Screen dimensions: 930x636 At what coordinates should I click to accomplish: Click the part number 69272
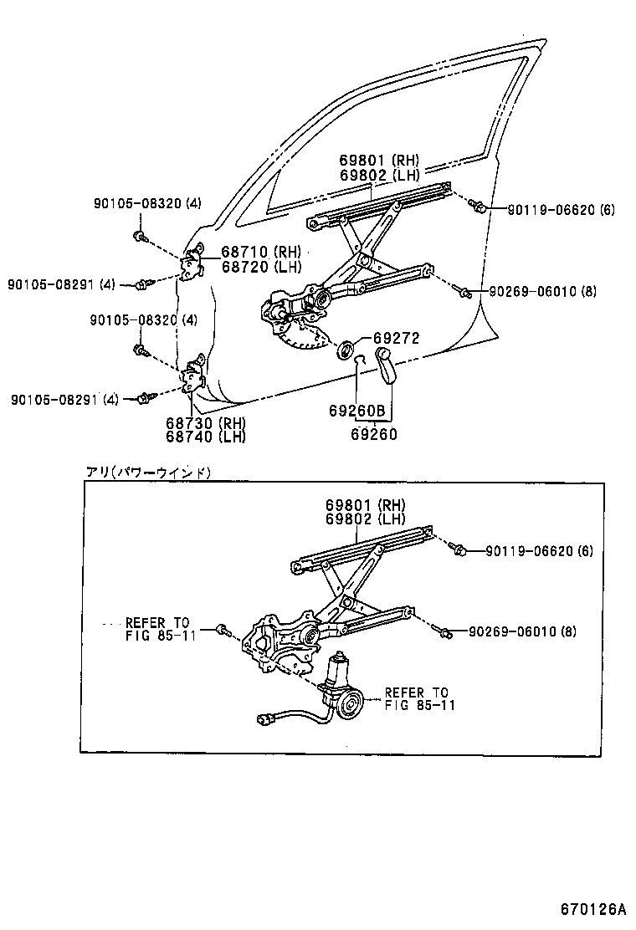[396, 338]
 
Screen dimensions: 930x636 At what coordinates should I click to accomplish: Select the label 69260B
[357, 411]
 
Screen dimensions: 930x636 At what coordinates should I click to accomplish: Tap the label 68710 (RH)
[260, 251]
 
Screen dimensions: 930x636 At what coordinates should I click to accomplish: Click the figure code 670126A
[592, 908]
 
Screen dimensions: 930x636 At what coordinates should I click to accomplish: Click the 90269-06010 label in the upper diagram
[543, 292]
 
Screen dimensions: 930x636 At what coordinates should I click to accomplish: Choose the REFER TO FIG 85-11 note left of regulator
[158, 628]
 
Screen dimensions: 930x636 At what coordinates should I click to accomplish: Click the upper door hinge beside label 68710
[193, 263]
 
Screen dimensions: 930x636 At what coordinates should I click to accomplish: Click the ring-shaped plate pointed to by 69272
[346, 348]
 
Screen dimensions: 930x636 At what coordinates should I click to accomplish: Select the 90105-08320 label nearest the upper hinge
[147, 202]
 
